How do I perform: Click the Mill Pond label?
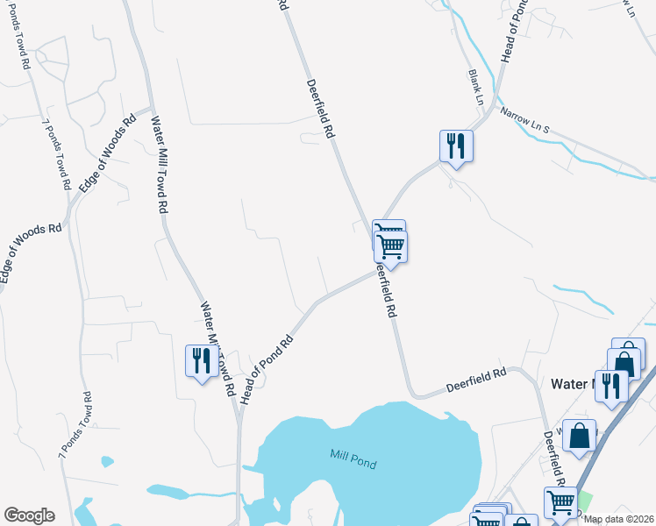(x=353, y=458)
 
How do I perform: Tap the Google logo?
(x=29, y=515)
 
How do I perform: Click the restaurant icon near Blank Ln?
(x=456, y=146)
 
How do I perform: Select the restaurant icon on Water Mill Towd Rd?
(x=202, y=361)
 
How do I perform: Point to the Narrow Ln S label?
(x=524, y=121)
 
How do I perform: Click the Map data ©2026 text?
(x=619, y=519)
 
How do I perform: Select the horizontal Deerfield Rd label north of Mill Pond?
(x=476, y=379)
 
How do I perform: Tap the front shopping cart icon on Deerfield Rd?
(x=391, y=247)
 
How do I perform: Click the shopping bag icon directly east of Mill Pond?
(x=579, y=435)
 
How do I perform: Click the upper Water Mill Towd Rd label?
(x=159, y=166)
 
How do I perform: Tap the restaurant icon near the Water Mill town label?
(x=611, y=386)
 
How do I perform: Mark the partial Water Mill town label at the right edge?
(x=573, y=384)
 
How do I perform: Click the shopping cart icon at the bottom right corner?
(x=560, y=503)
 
